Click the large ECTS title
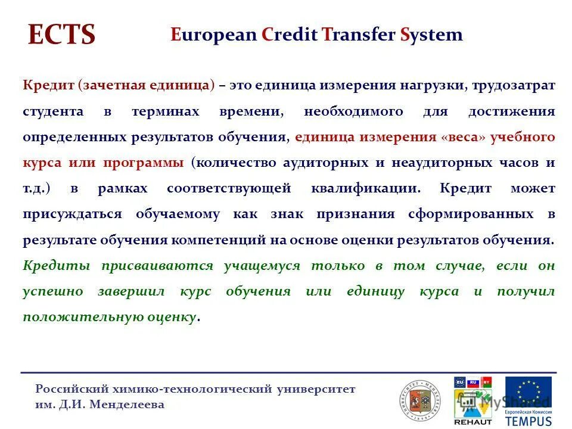61,35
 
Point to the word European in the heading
214,35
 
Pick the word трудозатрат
514,85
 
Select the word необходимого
353,111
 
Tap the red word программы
143,163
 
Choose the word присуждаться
73,214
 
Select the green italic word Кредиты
57,266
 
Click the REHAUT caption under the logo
473,421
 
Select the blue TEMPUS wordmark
529,420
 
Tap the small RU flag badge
473,381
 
